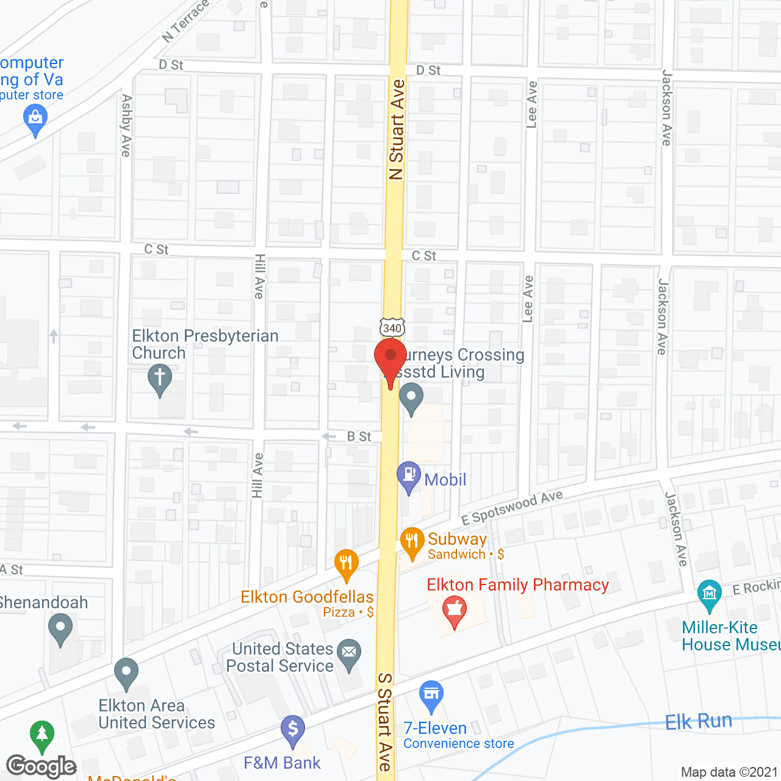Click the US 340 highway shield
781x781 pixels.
(392, 327)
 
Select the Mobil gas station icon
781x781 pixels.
(409, 476)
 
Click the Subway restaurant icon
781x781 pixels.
(412, 541)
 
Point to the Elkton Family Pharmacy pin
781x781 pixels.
(454, 611)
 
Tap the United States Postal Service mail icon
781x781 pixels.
(349, 653)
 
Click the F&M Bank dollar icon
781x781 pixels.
(293, 729)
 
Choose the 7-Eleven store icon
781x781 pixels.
(431, 695)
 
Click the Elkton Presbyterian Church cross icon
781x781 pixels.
(160, 378)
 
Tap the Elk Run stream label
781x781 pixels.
(698, 721)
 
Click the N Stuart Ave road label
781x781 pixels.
(397, 129)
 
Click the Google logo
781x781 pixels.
(41, 766)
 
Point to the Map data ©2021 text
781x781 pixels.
(729, 772)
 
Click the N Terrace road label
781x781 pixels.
(185, 22)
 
